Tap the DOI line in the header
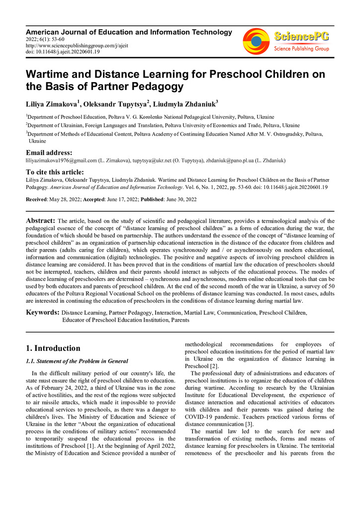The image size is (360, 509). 63,51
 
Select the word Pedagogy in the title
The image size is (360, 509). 156,86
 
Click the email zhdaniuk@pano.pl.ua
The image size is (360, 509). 230,161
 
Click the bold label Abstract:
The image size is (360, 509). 40,220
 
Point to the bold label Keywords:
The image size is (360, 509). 42,313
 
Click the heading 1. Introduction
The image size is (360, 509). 53,348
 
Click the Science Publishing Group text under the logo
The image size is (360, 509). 301,49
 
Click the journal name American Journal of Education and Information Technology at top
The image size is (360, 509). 129,32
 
